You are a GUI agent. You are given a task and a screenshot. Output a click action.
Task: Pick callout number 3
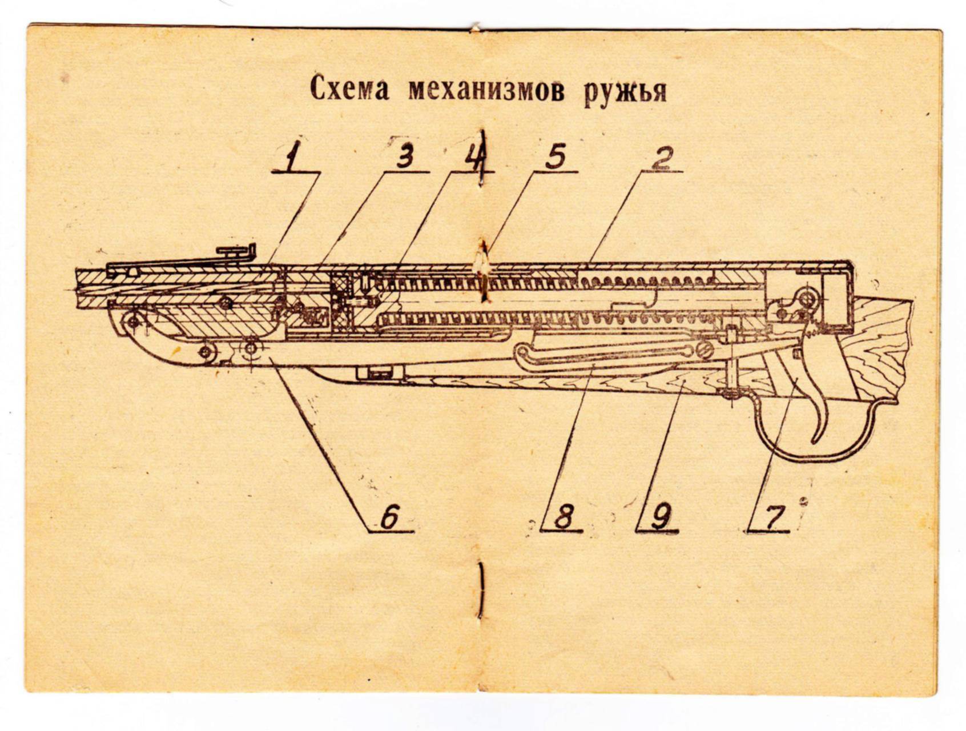coord(405,156)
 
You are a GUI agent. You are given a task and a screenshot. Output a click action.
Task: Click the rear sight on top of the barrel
coord(237,251)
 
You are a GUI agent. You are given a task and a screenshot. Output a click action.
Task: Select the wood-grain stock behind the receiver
coord(879,343)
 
